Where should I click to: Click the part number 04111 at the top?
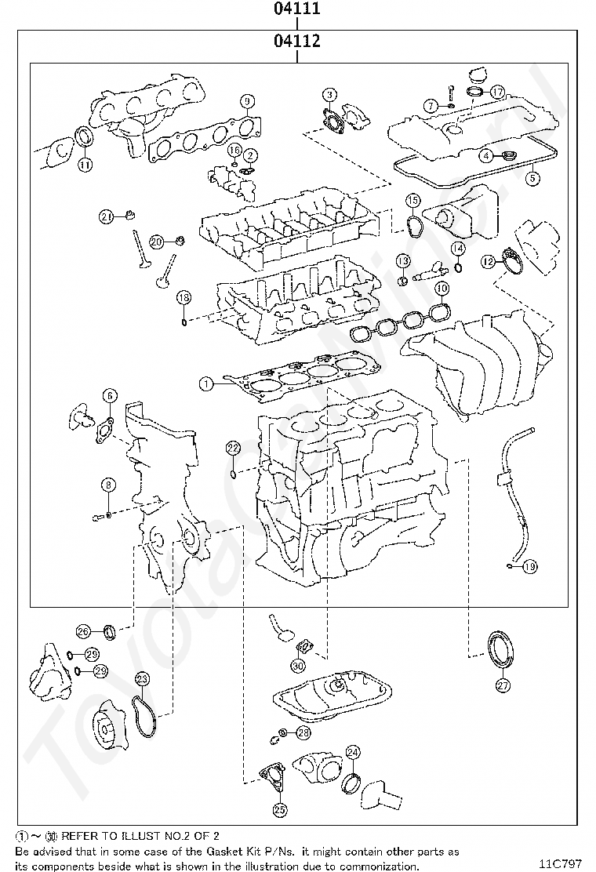click(x=296, y=9)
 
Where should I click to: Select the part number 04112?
click(x=296, y=41)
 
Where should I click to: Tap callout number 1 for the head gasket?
click(x=205, y=384)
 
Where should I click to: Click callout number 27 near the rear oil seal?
click(x=503, y=685)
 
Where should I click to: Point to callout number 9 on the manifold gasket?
click(x=247, y=101)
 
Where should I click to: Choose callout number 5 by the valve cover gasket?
click(x=532, y=178)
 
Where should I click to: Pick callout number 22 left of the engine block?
click(x=232, y=448)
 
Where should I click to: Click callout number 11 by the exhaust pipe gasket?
click(x=85, y=164)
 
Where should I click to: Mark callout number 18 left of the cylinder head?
click(x=183, y=297)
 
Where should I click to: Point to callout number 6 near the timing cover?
click(x=109, y=396)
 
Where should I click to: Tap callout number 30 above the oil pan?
click(x=297, y=666)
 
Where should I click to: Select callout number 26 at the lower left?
click(x=83, y=630)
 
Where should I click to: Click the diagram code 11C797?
click(x=565, y=863)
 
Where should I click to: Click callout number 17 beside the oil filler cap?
click(x=497, y=92)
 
